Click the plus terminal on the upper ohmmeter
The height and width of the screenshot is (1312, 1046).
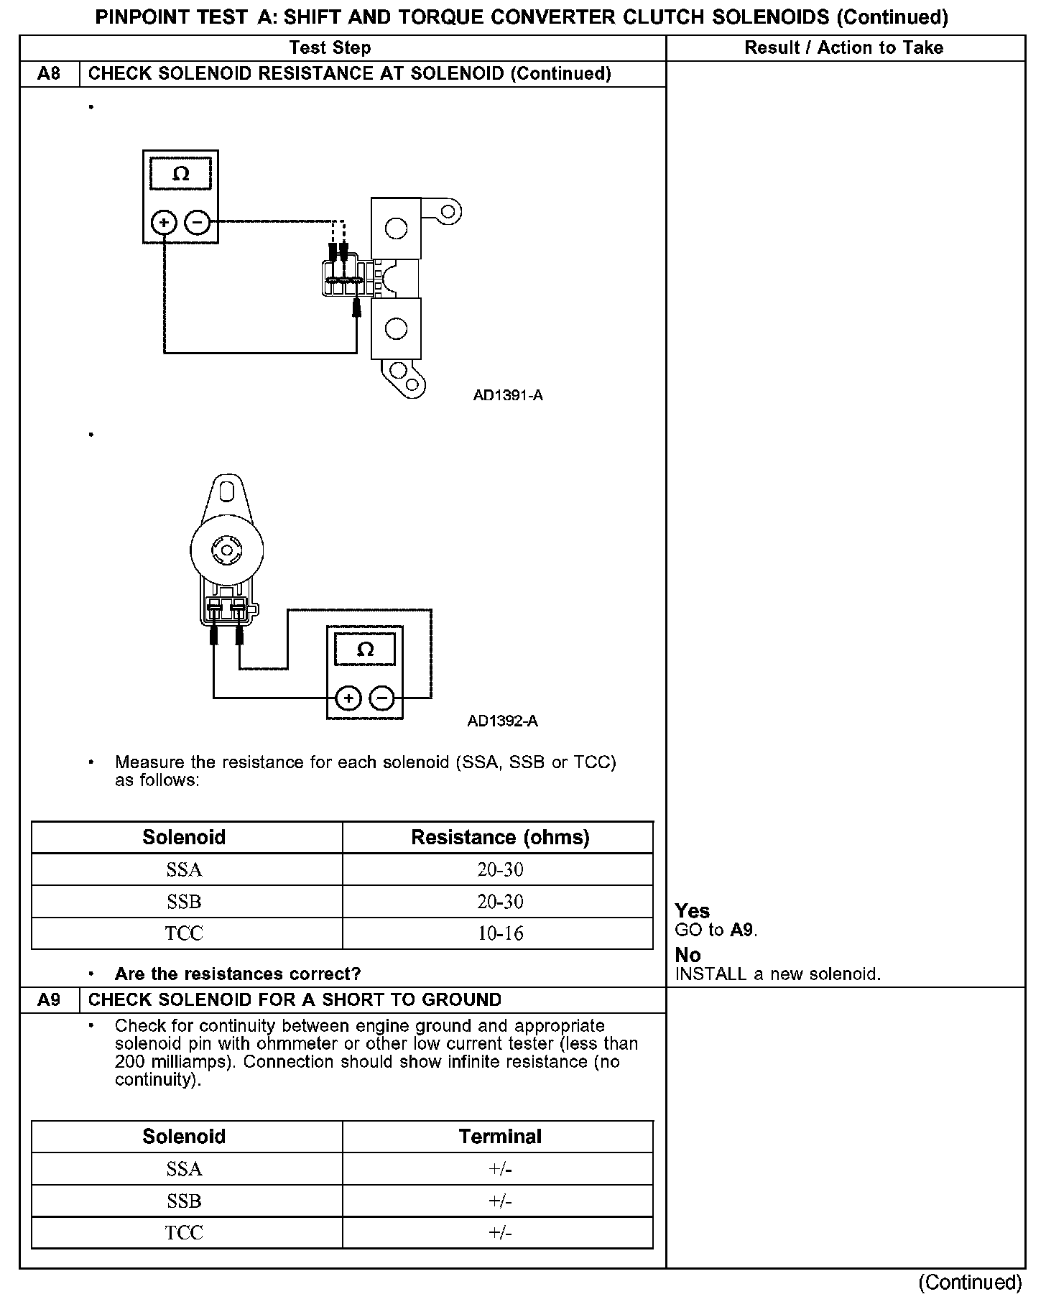tap(164, 223)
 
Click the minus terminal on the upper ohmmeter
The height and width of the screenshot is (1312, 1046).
tap(198, 223)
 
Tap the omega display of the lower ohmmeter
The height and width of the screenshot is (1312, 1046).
tap(365, 650)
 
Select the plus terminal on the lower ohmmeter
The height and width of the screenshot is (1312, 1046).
tap(348, 698)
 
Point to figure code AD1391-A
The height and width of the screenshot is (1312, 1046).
tap(508, 395)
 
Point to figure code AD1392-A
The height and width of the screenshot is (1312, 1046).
tap(502, 721)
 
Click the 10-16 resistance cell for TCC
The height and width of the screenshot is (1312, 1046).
tap(500, 933)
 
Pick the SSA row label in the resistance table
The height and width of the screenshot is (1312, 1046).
tap(185, 869)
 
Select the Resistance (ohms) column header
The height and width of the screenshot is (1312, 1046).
tap(500, 837)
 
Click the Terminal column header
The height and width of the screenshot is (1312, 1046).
tap(500, 1137)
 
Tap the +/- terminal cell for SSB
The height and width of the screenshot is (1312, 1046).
tap(500, 1201)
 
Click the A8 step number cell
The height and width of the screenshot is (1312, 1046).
tap(49, 73)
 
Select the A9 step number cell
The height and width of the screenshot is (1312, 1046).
tap(49, 999)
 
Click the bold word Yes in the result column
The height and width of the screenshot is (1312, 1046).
tap(693, 911)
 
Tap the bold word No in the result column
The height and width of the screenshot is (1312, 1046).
tap(688, 955)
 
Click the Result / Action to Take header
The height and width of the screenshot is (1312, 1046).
tap(843, 47)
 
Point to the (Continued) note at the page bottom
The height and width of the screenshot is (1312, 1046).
tap(970, 1283)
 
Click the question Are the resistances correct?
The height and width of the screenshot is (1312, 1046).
tap(238, 974)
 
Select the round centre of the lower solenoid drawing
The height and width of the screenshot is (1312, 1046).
tap(226, 550)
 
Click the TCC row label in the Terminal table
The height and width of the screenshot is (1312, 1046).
tap(185, 1233)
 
